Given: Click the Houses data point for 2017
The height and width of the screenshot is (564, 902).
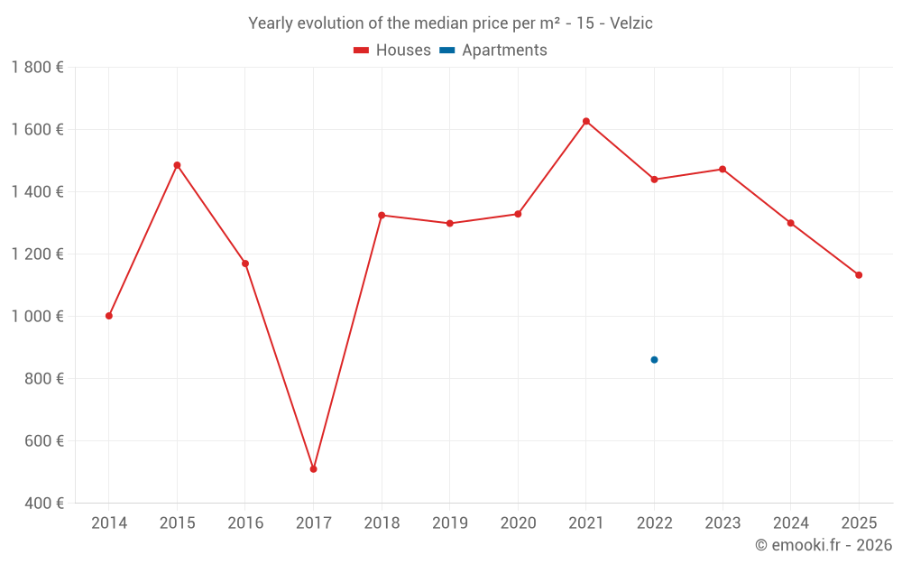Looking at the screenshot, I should tap(313, 469).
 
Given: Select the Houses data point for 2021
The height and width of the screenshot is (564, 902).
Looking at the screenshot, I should tap(586, 121).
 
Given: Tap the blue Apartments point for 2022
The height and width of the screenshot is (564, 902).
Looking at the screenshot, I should tap(654, 360).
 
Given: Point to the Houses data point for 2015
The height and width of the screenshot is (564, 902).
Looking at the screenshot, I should tap(177, 165).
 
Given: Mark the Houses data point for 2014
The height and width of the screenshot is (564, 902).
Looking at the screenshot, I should tap(109, 316).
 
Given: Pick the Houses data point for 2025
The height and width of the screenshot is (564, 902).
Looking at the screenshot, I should tap(859, 275).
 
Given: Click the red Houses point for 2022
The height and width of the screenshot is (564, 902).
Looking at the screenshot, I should tap(654, 180).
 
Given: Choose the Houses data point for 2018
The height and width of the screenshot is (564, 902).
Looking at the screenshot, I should tap(382, 216).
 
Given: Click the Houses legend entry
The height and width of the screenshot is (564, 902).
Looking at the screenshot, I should tap(392, 51).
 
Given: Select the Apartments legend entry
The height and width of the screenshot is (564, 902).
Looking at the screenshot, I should tap(493, 51).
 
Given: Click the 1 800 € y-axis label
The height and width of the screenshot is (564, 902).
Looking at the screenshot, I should tap(37, 68).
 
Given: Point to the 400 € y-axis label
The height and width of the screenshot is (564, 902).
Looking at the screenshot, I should tap(42, 504).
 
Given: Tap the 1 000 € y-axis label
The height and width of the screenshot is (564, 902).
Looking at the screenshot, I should tap(37, 317).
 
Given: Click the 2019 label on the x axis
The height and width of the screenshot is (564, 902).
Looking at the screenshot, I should tap(449, 523).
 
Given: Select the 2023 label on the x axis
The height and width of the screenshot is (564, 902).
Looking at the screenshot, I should tap(723, 523).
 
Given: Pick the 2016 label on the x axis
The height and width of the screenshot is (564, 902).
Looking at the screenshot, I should tap(245, 523).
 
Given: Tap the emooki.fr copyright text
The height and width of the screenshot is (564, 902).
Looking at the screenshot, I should tap(824, 545).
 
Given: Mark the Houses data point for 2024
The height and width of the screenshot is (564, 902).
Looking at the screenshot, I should tap(791, 223).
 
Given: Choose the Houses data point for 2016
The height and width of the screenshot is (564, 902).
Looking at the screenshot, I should tap(245, 264).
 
